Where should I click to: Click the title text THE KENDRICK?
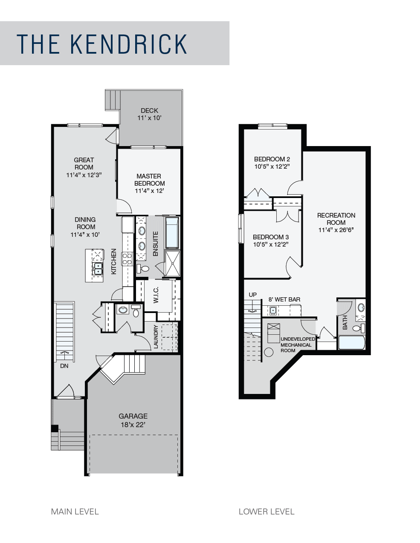[102, 43]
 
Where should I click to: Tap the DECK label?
[149, 111]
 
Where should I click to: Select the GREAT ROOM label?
[84, 164]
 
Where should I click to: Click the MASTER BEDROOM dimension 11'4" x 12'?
[149, 191]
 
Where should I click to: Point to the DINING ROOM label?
[85, 223]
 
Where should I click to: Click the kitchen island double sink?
[98, 268]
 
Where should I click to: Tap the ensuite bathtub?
[173, 233]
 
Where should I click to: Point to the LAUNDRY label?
[156, 337]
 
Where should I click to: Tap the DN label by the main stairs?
[64, 366]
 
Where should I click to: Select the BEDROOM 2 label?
[272, 159]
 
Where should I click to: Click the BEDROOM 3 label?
[271, 237]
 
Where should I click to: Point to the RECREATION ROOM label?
[336, 219]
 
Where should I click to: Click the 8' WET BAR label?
[284, 299]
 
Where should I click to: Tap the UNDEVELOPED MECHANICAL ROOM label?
[298, 345]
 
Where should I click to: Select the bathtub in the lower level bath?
[351, 343]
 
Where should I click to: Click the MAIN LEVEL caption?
[75, 511]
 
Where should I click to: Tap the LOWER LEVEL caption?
[266, 511]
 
